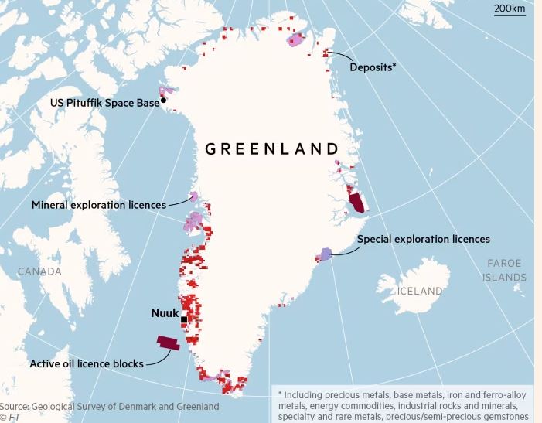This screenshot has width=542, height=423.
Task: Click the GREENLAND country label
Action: (271, 148)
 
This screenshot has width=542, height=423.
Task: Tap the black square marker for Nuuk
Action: (184, 319)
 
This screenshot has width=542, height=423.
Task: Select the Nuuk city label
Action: (164, 313)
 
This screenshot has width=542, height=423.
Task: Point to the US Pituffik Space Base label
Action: (104, 102)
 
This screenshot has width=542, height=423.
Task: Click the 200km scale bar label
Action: (509, 9)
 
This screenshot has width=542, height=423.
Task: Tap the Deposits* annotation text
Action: (373, 67)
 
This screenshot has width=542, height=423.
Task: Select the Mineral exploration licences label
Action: (98, 205)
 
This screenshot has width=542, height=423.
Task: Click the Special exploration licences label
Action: (423, 239)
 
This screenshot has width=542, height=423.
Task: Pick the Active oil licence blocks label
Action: (86, 363)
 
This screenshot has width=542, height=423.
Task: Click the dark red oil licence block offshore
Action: (168, 343)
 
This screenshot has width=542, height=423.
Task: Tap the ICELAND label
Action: (420, 292)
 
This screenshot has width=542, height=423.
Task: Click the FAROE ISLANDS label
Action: (506, 270)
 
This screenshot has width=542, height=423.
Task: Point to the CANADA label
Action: (39, 271)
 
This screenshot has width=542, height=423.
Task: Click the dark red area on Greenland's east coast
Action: (358, 203)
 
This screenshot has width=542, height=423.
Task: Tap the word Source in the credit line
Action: (14, 406)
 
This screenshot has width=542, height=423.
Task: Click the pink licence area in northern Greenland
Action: (295, 40)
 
